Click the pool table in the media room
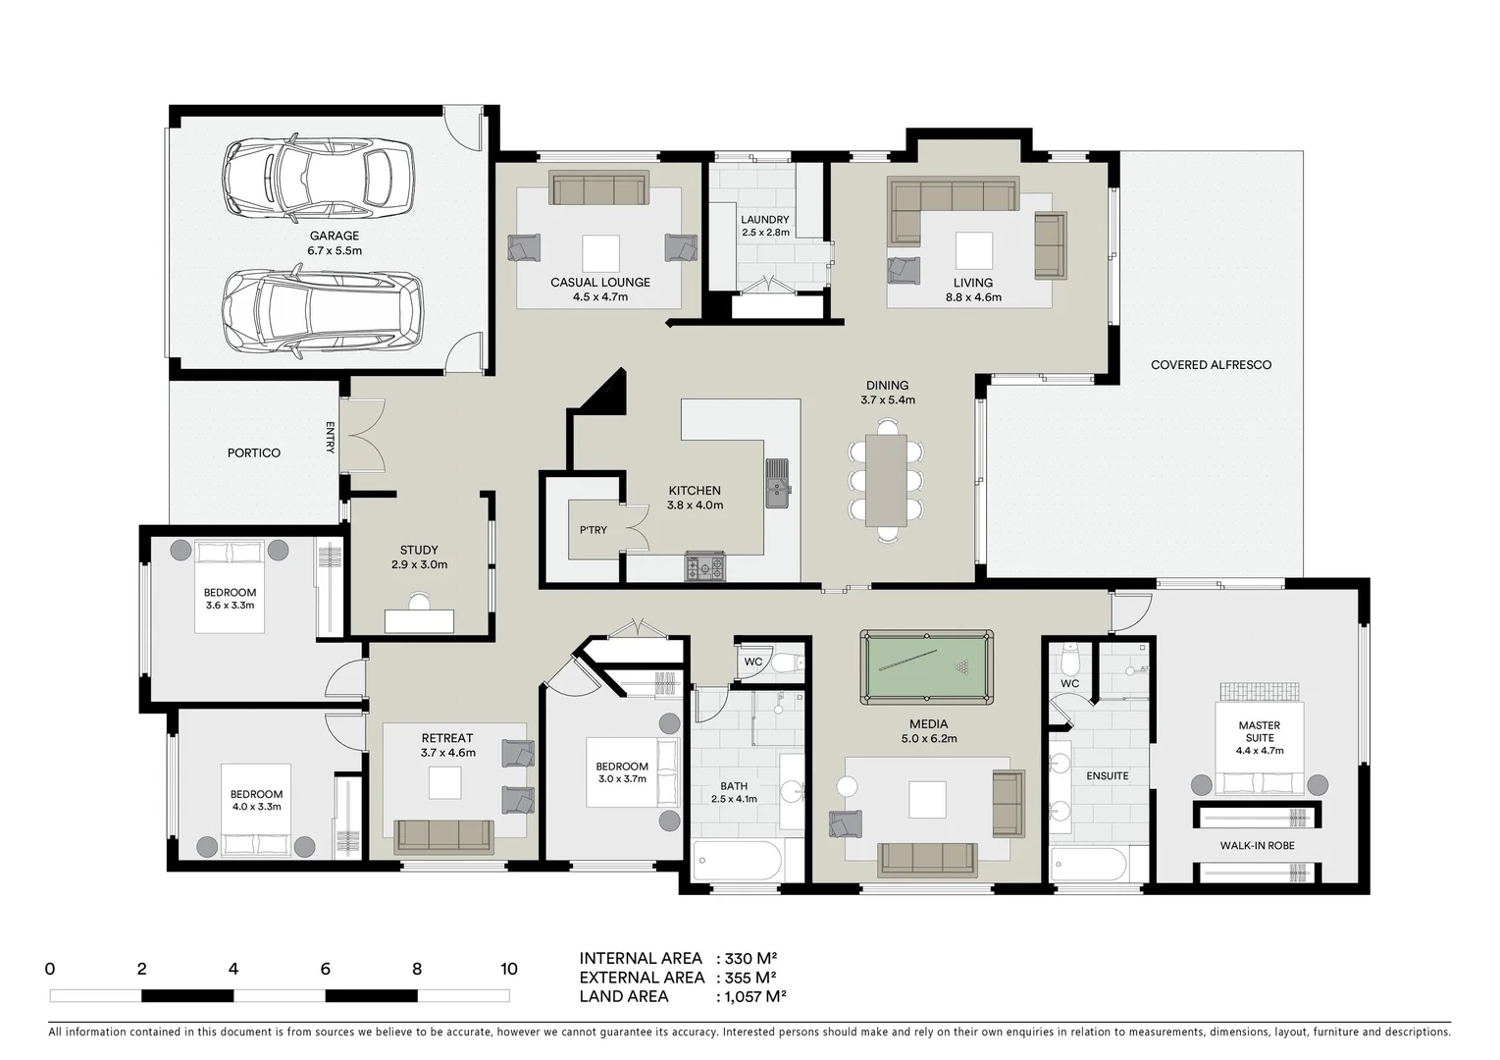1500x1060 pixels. tap(926, 667)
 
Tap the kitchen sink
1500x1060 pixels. tap(777, 483)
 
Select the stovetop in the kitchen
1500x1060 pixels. tap(705, 566)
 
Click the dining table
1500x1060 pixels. tap(886, 480)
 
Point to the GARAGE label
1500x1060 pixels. tap(335, 236)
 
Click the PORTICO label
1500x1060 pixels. tap(254, 452)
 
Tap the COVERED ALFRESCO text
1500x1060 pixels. tap(1211, 365)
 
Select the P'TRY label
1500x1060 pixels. tap(593, 530)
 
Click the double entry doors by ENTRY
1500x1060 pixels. tap(365, 437)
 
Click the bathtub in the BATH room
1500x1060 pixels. tap(738, 861)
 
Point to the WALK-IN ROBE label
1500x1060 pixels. tap(1257, 845)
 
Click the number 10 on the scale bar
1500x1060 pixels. tap(508, 970)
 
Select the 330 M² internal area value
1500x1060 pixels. tap(751, 959)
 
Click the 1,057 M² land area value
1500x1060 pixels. tap(753, 996)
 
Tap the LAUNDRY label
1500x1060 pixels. tap(765, 220)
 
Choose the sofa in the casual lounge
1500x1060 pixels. tap(598, 188)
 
